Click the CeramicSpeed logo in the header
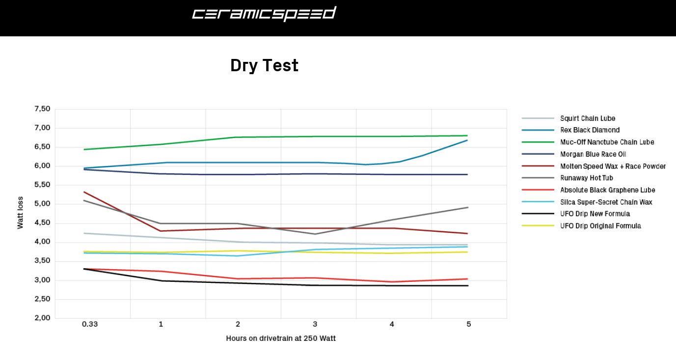tap(264, 14)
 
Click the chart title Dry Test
tap(264, 65)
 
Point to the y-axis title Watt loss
tap(20, 213)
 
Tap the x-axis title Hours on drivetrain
tap(281, 338)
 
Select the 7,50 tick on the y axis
tap(42, 109)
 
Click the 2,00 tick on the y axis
tap(42, 318)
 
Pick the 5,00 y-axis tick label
tap(42, 204)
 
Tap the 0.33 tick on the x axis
tap(90, 324)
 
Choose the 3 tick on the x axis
tap(315, 324)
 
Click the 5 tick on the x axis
tap(469, 324)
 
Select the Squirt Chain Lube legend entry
tap(587, 118)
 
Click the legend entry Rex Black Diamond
tap(590, 130)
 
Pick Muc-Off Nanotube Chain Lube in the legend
tap(607, 142)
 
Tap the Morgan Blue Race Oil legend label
tap(593, 154)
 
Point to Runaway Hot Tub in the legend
tap(586, 178)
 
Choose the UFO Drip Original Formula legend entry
tap(600, 226)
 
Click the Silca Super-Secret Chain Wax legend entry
tap(606, 202)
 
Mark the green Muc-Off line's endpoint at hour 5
tap(467, 136)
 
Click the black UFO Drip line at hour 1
tap(161, 281)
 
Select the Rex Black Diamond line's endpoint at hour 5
tap(467, 140)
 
